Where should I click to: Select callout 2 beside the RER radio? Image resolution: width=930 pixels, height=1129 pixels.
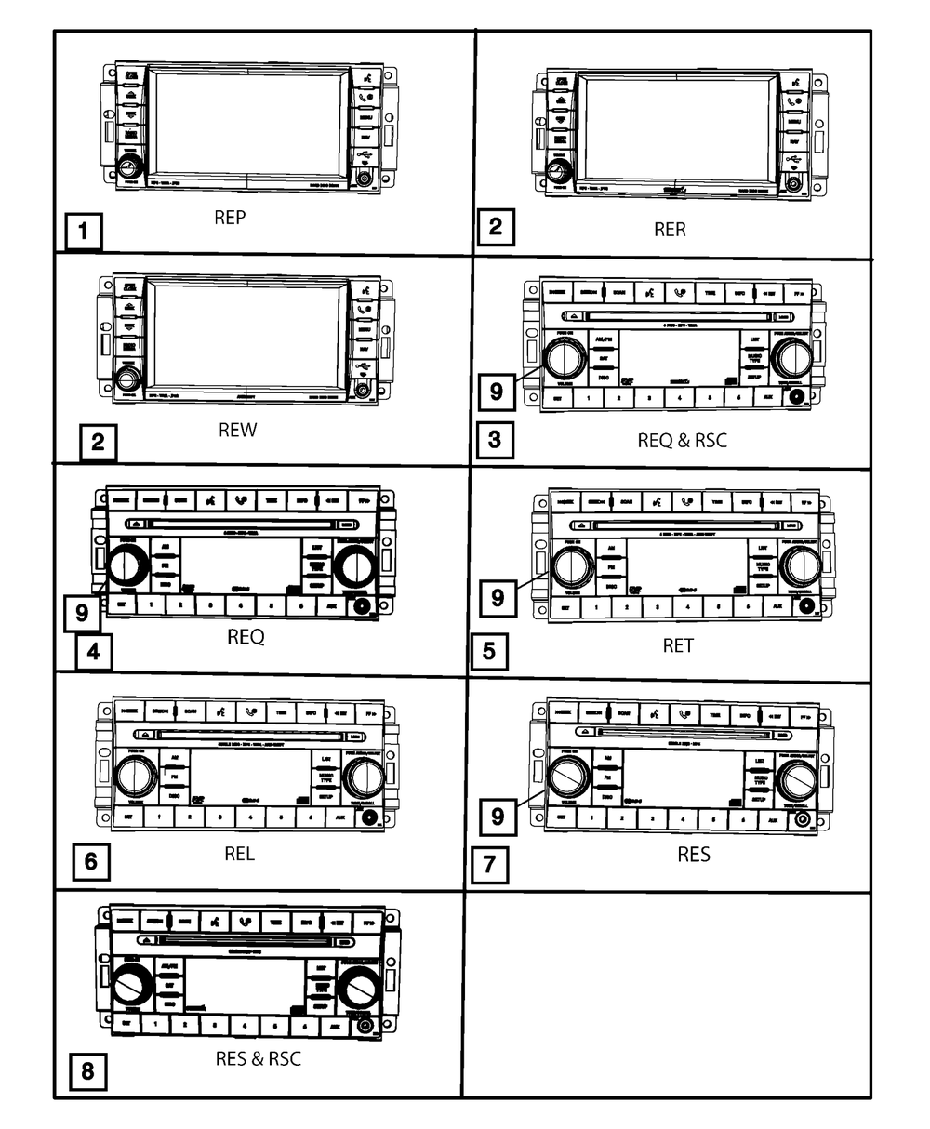[x=496, y=226]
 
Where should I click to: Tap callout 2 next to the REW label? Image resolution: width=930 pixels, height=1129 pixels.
[x=98, y=442]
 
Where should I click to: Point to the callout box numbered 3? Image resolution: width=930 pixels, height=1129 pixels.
[x=495, y=437]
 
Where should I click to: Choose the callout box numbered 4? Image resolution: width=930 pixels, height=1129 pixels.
[x=93, y=651]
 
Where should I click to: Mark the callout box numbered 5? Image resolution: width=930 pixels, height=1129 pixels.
[x=490, y=651]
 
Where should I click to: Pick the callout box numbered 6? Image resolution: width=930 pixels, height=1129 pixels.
[x=90, y=861]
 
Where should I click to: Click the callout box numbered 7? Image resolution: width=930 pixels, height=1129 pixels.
[x=489, y=864]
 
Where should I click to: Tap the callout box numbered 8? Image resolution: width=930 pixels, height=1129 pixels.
[x=87, y=1070]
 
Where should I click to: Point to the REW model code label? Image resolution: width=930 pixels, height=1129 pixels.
[x=238, y=430]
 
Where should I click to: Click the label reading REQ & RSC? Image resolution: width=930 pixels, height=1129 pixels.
[x=682, y=440]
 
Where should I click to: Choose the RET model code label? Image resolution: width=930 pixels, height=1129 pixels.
[x=678, y=645]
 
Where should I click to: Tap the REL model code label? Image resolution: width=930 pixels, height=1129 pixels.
[x=239, y=853]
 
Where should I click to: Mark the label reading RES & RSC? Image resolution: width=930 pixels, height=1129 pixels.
[x=258, y=1058]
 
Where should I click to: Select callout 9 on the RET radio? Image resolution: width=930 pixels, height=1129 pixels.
[x=497, y=596]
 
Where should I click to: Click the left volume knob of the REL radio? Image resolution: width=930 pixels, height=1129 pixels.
[x=137, y=775]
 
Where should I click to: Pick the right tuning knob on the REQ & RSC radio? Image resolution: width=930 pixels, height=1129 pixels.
[x=790, y=358]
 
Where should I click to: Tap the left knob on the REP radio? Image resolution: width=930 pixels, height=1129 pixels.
[x=129, y=168]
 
